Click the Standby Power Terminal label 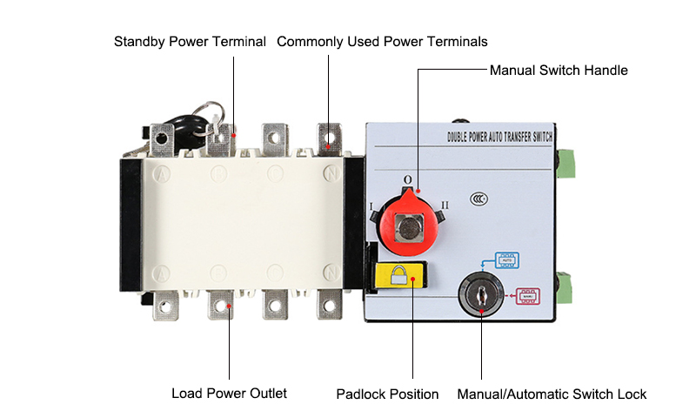click(190, 41)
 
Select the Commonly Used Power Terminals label click(382, 41)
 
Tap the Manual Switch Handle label click(559, 70)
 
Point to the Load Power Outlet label click(229, 393)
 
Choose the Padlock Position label click(387, 394)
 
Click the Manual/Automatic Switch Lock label click(552, 394)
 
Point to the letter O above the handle click(406, 180)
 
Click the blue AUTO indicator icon click(505, 259)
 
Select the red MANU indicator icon click(528, 294)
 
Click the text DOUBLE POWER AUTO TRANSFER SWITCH click(499, 137)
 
